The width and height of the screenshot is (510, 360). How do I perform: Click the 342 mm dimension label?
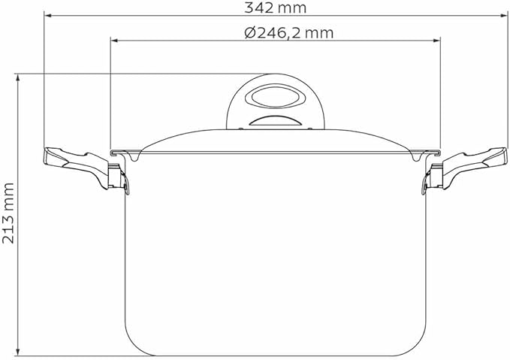[275, 8]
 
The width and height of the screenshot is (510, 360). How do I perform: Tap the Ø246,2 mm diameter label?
[289, 32]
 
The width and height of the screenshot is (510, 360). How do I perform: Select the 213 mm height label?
[8, 213]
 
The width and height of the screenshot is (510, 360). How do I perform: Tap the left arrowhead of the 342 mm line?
[48, 15]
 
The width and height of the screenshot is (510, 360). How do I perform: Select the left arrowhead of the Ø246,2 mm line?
[114, 41]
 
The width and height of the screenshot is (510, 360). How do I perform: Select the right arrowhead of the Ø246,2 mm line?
[436, 41]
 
